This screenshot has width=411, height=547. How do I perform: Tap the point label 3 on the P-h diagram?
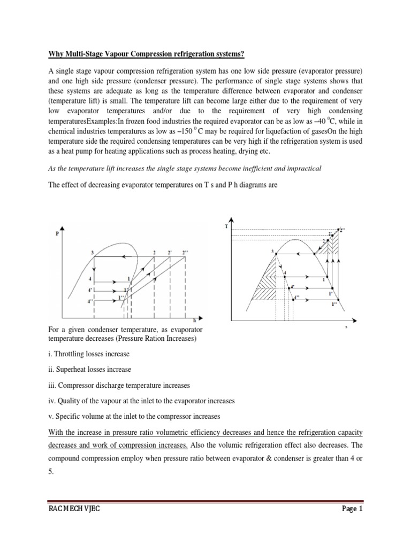[x=93, y=252]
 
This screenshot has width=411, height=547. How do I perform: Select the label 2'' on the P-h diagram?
[x=185, y=252]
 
